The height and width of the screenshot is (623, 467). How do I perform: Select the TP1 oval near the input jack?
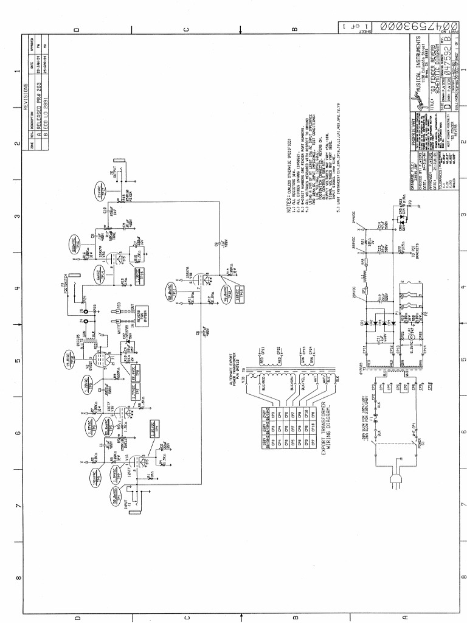(119, 498)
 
